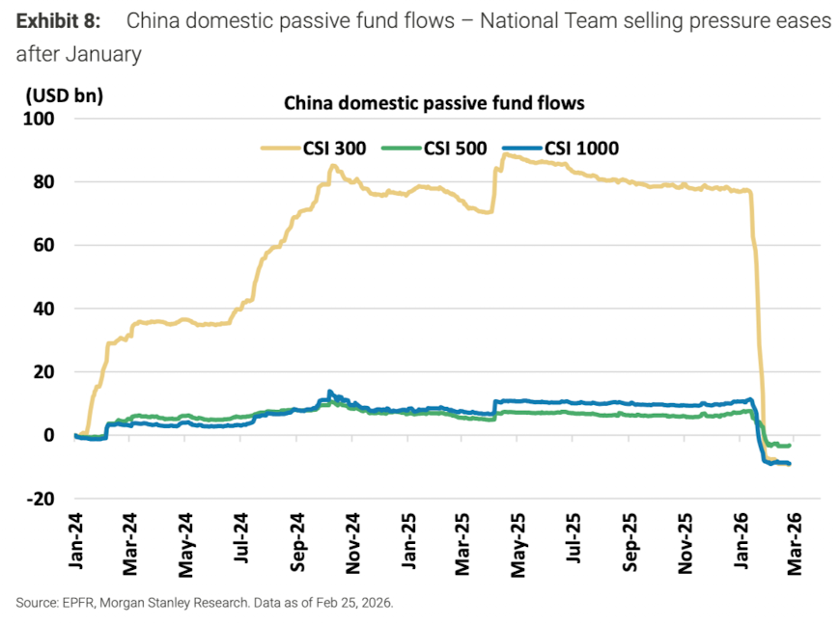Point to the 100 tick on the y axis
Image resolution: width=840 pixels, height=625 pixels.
pyautogui.click(x=44, y=119)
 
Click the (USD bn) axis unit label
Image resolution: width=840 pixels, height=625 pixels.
pyautogui.click(x=65, y=95)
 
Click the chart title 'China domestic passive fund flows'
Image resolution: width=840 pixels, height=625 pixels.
pyautogui.click(x=434, y=102)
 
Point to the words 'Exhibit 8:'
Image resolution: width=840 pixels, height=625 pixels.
pyautogui.click(x=60, y=21)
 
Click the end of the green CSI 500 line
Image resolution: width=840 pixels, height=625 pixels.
pyautogui.click(x=790, y=446)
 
